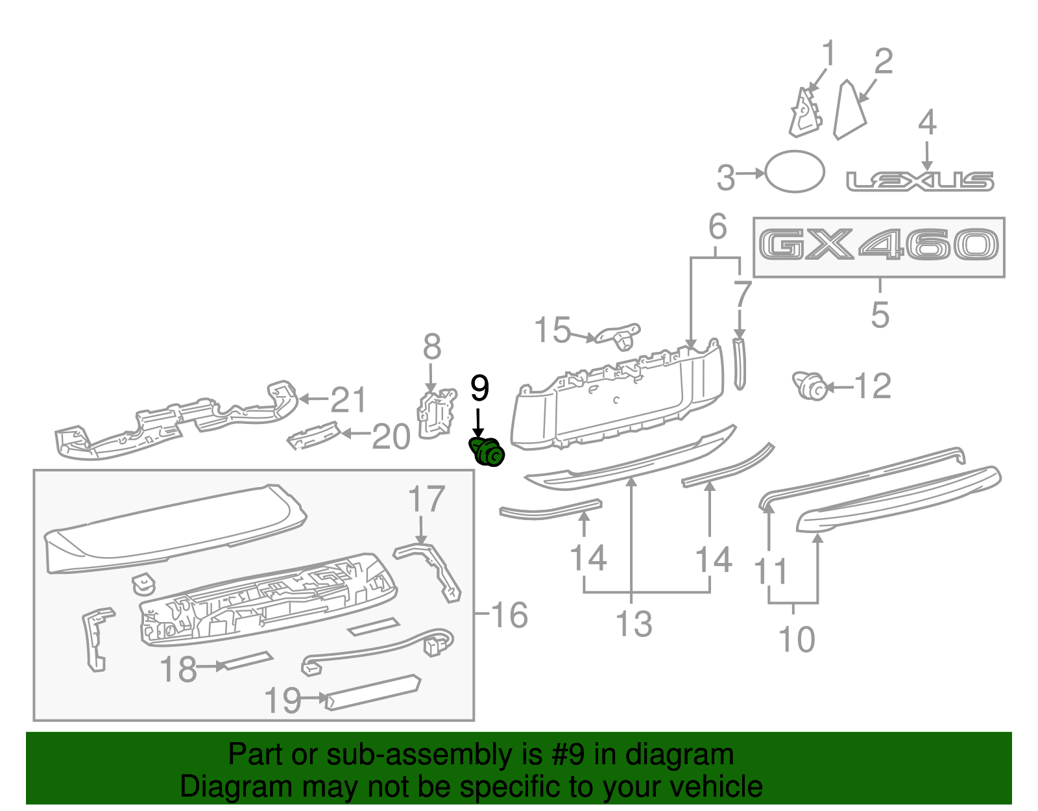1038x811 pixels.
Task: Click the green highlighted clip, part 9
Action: tap(487, 452)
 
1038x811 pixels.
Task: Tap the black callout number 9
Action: tap(479, 388)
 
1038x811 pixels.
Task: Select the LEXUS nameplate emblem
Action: tap(920, 181)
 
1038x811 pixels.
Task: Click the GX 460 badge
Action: tap(878, 246)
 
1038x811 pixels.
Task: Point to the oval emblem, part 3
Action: tap(795, 172)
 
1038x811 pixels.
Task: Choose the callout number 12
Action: tap(873, 387)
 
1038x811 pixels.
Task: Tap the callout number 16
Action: tap(510, 615)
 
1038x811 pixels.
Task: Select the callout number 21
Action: tap(348, 400)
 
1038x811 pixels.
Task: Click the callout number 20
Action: tap(391, 436)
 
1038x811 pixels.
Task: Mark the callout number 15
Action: tap(552, 331)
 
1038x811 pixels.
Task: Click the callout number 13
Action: tap(633, 624)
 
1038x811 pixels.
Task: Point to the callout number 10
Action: tap(797, 640)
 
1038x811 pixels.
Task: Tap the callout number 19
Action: tap(284, 701)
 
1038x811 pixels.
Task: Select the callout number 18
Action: tap(178, 669)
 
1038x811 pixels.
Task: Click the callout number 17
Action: tap(426, 499)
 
